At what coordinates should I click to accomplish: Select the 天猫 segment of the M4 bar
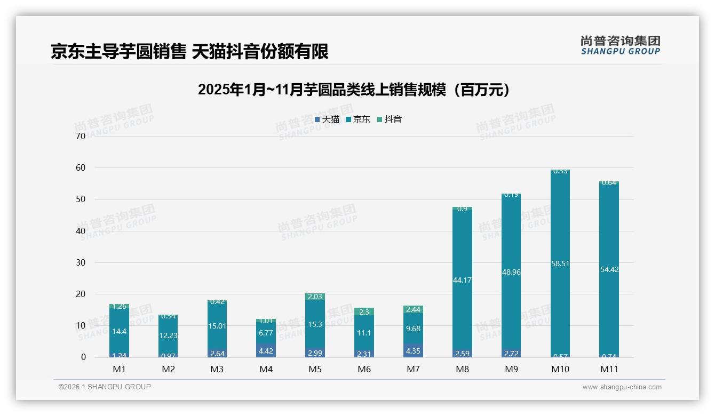pyautogui.click(x=266, y=350)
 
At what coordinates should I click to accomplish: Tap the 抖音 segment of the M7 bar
pyautogui.click(x=413, y=309)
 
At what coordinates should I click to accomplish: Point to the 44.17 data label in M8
pyautogui.click(x=462, y=280)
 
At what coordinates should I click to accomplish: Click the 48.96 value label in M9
pyautogui.click(x=511, y=272)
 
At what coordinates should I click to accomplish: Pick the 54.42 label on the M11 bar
pyautogui.click(x=609, y=269)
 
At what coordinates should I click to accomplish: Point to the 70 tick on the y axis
pyautogui.click(x=81, y=136)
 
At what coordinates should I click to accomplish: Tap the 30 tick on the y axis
pyautogui.click(x=81, y=262)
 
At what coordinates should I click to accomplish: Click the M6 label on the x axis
pyautogui.click(x=364, y=369)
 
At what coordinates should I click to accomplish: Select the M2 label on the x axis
pyautogui.click(x=168, y=369)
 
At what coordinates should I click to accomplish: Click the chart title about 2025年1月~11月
pyautogui.click(x=353, y=90)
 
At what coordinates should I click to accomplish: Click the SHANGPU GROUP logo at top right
pyautogui.click(x=620, y=45)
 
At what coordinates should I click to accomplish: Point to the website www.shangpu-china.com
pyautogui.click(x=622, y=387)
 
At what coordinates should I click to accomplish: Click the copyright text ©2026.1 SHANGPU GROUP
pyautogui.click(x=105, y=387)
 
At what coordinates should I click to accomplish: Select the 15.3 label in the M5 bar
pyautogui.click(x=315, y=324)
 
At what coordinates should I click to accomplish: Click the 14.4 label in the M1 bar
pyautogui.click(x=119, y=331)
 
